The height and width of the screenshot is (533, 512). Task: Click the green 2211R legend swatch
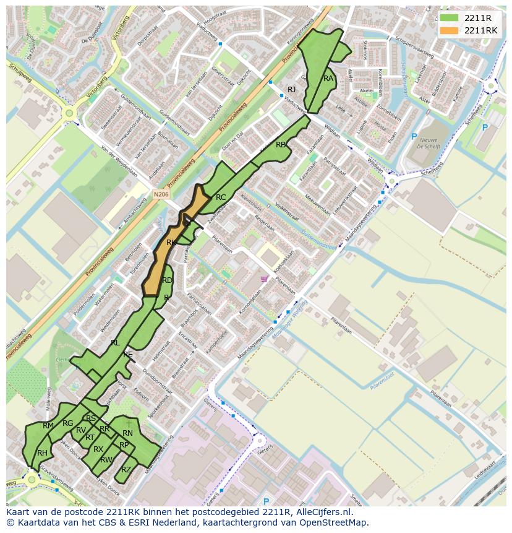tap(449, 18)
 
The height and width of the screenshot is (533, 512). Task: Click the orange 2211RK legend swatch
tap(449, 30)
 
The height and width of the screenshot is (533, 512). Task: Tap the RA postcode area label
tap(328, 79)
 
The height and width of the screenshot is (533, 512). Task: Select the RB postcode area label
tap(281, 145)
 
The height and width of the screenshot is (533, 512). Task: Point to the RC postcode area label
tap(221, 197)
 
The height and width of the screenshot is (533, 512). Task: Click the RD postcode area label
tap(167, 280)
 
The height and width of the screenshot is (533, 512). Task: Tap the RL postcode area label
tap(115, 342)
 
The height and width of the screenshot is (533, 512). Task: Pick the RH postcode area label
tap(42, 453)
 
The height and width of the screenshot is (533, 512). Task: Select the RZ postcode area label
tap(126, 470)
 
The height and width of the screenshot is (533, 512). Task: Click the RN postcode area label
tap(127, 433)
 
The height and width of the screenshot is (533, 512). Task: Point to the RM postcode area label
tap(48, 426)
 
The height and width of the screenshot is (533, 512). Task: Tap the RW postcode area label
tap(106, 460)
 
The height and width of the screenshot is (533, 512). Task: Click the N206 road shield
tap(161, 194)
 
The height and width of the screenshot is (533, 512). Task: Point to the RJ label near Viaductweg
tap(291, 90)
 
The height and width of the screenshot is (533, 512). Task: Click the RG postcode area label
tap(67, 423)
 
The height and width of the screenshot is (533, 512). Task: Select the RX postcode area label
tap(98, 449)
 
